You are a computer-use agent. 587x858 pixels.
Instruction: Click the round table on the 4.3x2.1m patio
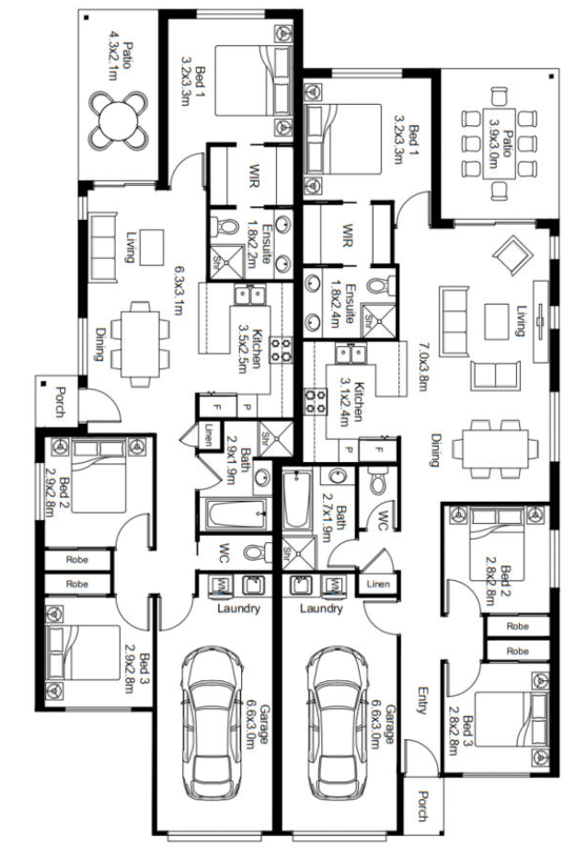[118, 121]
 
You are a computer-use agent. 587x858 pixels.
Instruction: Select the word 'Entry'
[421, 701]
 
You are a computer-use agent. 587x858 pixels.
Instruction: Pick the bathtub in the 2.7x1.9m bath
[296, 500]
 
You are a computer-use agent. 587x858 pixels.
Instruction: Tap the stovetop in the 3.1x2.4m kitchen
[315, 400]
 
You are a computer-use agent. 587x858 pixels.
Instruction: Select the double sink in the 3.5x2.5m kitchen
[249, 296]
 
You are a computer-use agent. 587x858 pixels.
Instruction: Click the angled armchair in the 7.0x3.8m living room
[512, 254]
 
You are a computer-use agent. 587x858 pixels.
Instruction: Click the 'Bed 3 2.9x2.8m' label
[136, 673]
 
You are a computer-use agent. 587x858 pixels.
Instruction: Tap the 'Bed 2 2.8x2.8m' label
[497, 585]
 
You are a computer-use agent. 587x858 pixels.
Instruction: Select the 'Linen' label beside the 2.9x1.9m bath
[208, 435]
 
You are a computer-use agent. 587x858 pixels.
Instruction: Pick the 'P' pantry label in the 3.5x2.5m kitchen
[247, 407]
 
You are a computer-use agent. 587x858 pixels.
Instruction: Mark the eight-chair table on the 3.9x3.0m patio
[499, 144]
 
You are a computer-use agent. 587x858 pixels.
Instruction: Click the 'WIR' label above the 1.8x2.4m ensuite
[347, 235]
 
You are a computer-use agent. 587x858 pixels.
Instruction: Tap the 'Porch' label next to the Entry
[422, 806]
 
